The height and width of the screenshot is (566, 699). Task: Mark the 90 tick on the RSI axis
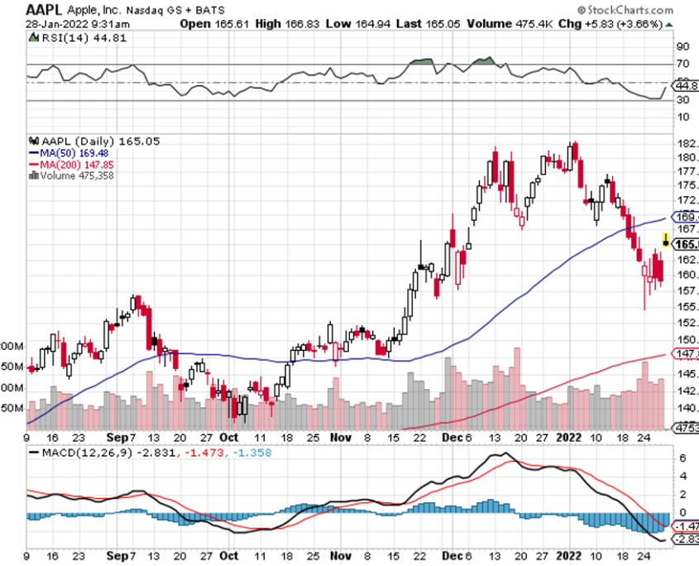point(684,46)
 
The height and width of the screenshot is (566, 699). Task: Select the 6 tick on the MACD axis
point(682,458)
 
